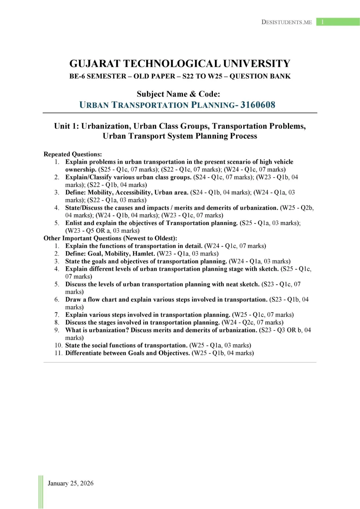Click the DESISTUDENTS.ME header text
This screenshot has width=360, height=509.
(286, 22)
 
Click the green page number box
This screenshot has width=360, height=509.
(338, 22)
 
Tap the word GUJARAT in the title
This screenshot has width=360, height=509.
(95, 64)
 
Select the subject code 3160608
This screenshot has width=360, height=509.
(258, 105)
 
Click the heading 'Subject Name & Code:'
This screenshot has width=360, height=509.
(179, 94)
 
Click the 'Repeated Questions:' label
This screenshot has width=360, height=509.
(73, 154)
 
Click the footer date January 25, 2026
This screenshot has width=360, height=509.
(71, 483)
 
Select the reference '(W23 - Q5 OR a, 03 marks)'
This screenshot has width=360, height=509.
(102, 231)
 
